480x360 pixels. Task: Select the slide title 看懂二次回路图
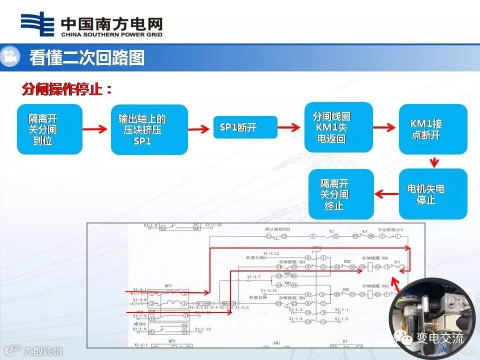click(87, 57)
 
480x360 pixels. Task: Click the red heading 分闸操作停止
click(67, 90)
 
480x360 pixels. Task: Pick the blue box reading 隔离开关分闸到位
click(49, 129)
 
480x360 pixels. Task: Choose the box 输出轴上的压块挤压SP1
click(149, 129)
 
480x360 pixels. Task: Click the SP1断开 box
click(245, 127)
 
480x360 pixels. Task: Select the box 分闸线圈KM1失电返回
click(338, 127)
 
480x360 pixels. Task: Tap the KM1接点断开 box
click(432, 129)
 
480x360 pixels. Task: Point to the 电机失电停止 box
click(432, 194)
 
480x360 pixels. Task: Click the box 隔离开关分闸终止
click(340, 194)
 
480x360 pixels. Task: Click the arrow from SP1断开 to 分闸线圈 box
click(290, 128)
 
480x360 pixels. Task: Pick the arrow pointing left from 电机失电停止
click(386, 194)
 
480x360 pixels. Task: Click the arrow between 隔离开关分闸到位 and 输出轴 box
click(96, 129)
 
